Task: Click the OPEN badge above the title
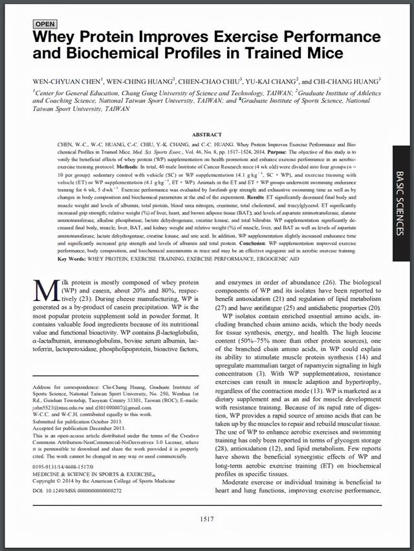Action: pyautogui.click(x=45, y=24)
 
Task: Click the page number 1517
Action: pyautogui.click(x=207, y=519)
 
